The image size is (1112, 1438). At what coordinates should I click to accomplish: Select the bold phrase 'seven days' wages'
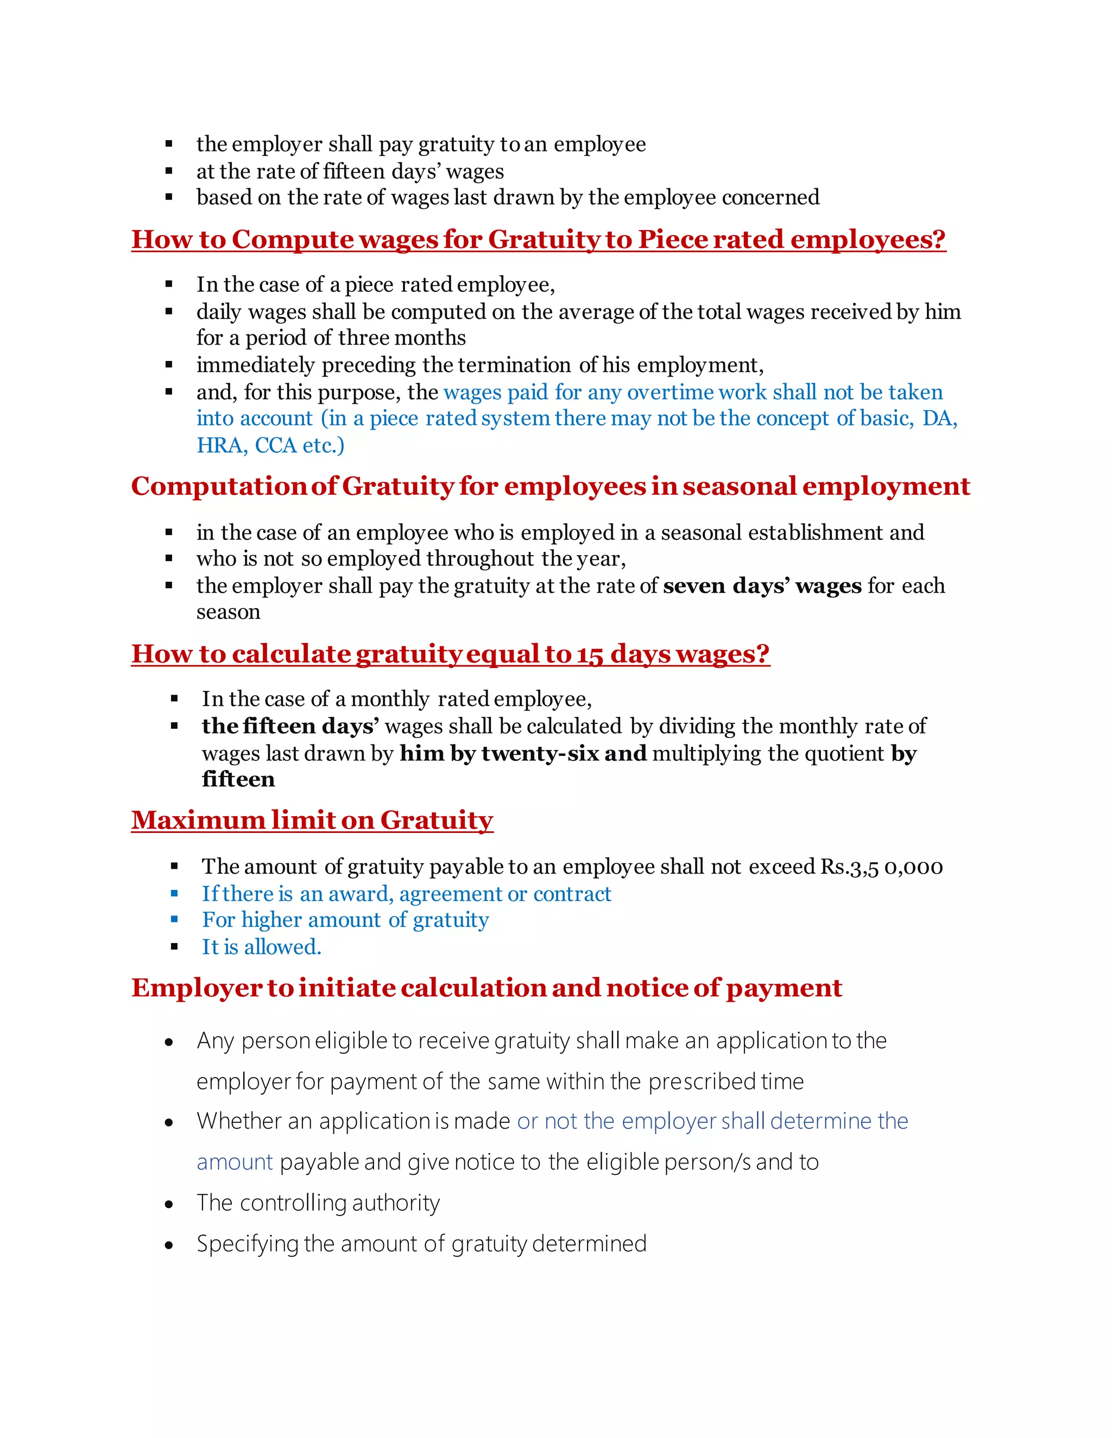(762, 586)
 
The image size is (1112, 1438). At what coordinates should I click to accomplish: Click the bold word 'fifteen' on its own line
(238, 780)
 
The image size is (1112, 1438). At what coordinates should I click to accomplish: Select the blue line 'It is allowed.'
(262, 947)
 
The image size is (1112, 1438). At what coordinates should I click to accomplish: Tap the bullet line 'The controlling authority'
(318, 1202)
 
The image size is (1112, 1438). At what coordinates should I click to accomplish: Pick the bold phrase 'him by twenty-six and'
(523, 753)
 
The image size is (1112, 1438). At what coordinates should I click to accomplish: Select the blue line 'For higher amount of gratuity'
(345, 920)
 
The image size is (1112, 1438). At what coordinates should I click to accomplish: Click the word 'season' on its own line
(229, 612)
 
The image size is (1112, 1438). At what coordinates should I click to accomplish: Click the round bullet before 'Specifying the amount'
(169, 1244)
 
